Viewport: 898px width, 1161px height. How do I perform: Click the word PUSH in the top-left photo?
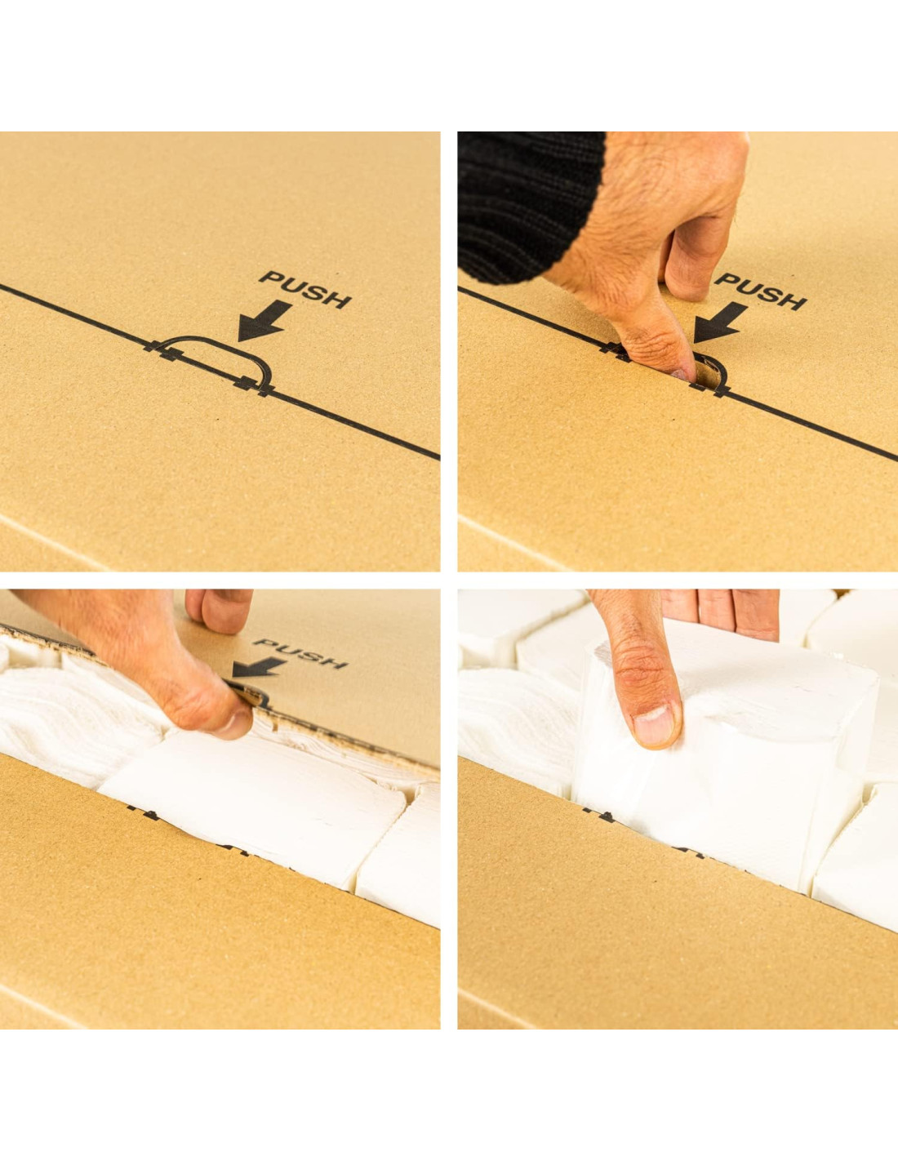click(305, 290)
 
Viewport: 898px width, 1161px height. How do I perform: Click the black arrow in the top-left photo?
click(265, 322)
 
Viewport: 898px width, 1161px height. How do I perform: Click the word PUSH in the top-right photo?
click(761, 291)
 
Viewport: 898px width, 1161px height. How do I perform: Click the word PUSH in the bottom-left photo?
click(302, 653)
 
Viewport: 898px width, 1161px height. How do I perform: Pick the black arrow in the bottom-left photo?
click(259, 670)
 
